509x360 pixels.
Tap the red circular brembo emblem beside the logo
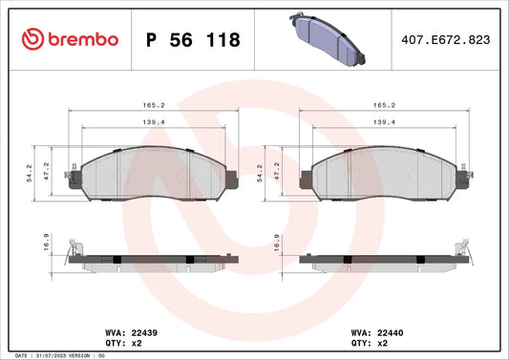(x=32, y=39)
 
